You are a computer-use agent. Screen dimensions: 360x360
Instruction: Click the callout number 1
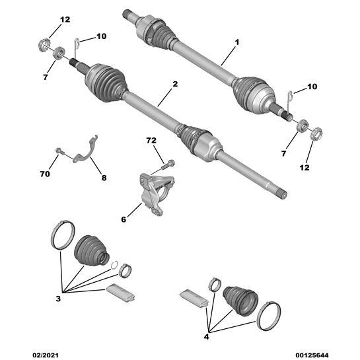click(x=237, y=42)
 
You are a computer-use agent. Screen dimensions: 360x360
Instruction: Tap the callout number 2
click(x=175, y=84)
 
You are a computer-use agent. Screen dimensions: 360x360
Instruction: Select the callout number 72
click(x=151, y=140)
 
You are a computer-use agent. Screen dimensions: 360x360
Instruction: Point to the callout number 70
click(x=45, y=174)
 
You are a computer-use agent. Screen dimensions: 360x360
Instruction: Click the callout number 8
click(x=104, y=178)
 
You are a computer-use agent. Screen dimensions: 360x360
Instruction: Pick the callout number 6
click(x=124, y=219)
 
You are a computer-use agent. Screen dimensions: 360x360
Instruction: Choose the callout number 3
click(x=58, y=299)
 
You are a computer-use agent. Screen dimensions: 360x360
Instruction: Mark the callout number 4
click(x=206, y=337)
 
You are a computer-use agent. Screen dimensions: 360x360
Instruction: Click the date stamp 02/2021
click(x=45, y=355)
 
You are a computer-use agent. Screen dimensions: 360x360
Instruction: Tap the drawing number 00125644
click(x=312, y=355)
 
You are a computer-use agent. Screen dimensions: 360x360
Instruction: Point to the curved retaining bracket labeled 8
click(x=86, y=151)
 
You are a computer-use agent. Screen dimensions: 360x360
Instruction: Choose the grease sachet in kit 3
click(x=120, y=293)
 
